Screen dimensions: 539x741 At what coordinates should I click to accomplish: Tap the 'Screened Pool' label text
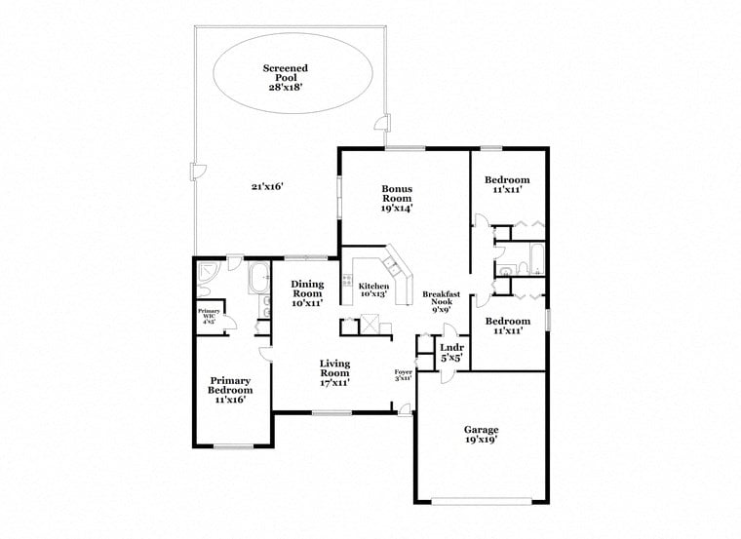click(286, 74)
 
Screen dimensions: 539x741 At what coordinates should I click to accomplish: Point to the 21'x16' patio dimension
click(266, 187)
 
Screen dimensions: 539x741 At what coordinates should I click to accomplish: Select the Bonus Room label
click(397, 198)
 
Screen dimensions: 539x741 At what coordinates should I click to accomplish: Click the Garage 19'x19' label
click(481, 435)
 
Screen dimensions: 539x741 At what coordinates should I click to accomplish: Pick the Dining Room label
click(307, 293)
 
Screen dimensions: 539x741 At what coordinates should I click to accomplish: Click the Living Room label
click(334, 372)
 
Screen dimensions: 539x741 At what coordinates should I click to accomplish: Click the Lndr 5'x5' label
click(450, 352)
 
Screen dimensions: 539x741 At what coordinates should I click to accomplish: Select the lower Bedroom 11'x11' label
click(508, 326)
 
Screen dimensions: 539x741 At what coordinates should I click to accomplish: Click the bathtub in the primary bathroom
click(260, 280)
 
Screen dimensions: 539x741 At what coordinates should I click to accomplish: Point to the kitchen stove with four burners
click(347, 289)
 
